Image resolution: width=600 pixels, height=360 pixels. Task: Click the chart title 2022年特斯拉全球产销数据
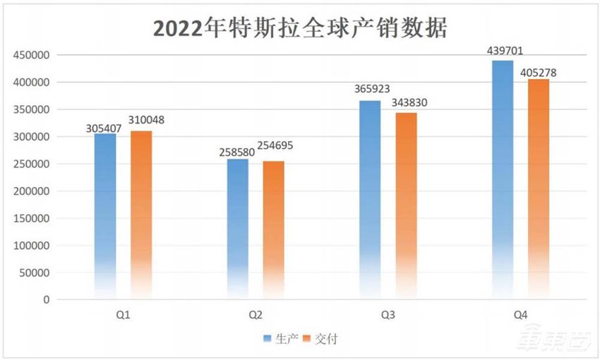(x=301, y=29)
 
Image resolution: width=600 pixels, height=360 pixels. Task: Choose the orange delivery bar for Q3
(x=406, y=205)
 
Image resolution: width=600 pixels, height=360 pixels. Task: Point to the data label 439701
(x=505, y=52)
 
